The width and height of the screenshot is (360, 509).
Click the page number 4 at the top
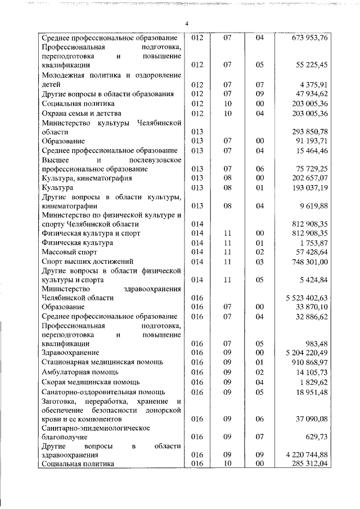pyautogui.click(x=186, y=23)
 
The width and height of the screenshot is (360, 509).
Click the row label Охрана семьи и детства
pyautogui.click(x=81, y=113)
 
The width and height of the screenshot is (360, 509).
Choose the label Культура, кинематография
pyautogui.click(x=87, y=178)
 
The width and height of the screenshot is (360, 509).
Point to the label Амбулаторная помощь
pyautogui.click(x=80, y=372)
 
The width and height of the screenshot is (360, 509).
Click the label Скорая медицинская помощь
pyautogui.click(x=91, y=382)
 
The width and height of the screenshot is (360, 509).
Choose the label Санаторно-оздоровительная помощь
pyautogui.click(x=103, y=391)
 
